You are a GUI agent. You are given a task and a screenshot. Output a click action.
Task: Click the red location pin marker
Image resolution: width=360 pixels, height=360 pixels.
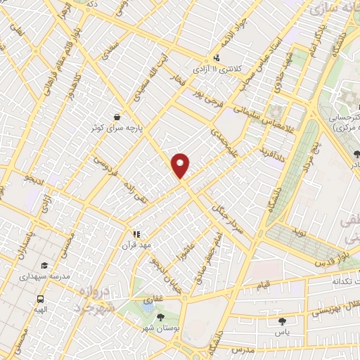pos(181,165)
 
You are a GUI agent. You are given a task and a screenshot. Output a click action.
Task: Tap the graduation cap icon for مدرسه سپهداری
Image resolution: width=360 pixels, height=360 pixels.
pos(44,266)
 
